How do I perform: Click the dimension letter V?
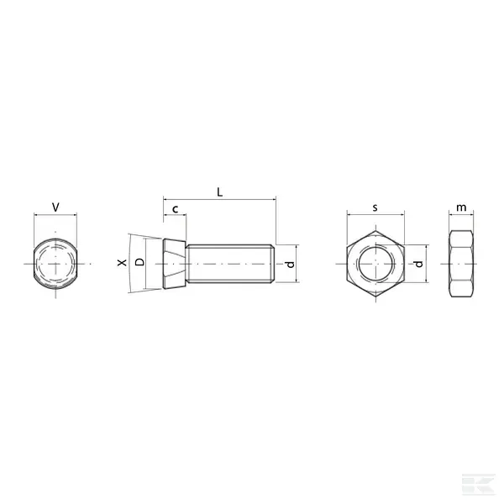pos(55,207)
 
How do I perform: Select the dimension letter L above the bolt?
pos(219,192)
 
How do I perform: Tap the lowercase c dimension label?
pos(176,209)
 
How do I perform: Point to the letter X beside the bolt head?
pos(122,263)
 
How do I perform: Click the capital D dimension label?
pos(139,262)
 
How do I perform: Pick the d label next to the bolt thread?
pos(290,265)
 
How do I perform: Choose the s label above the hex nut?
pos(375,208)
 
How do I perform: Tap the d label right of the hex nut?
pos(418,264)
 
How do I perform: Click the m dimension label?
pos(461,207)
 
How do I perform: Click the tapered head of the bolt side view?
pos(175,264)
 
